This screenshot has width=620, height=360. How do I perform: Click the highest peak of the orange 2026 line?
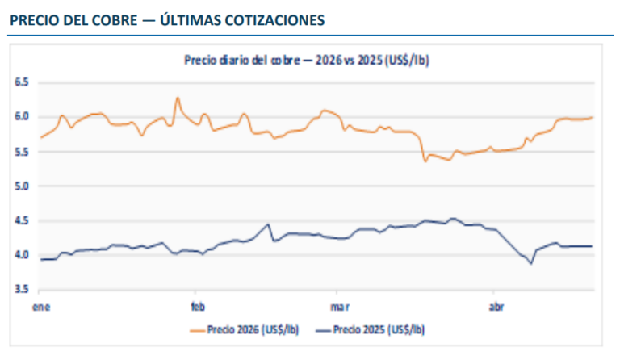pyautogui.click(x=177, y=98)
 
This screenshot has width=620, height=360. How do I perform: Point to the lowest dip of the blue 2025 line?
pyautogui.click(x=531, y=263)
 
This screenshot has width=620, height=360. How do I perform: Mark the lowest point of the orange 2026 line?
pyautogui.click(x=425, y=161)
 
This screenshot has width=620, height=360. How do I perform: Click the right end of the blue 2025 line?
pyautogui.click(x=592, y=246)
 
